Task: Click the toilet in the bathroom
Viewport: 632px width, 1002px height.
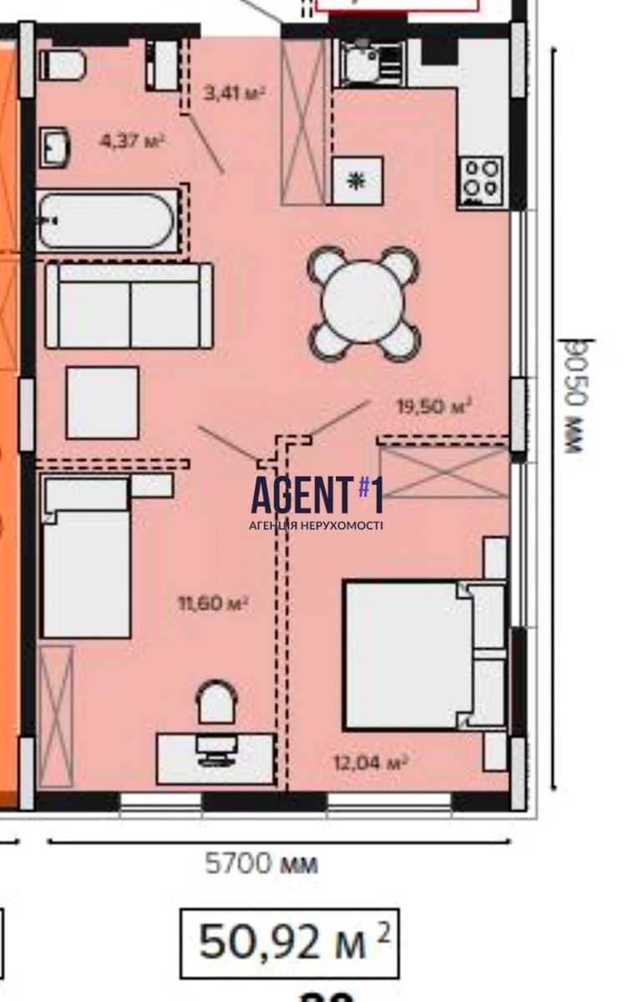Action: pos(63,65)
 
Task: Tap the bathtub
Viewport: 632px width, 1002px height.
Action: pos(108,220)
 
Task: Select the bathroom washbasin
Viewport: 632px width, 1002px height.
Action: pos(55,148)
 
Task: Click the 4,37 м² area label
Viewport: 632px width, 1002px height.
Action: pos(132,141)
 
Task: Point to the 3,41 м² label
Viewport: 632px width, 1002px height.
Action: pos(234,93)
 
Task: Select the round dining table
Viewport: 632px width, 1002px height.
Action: pos(363,303)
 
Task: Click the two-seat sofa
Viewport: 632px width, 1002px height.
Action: pos(129,306)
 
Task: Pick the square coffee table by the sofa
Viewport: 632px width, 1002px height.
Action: pos(103,402)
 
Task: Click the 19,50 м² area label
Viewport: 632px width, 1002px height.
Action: pos(434,406)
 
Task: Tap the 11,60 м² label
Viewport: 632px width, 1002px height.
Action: pos(213,605)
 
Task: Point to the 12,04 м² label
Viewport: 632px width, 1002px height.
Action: pos(371,762)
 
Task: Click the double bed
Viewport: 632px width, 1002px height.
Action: pos(425,655)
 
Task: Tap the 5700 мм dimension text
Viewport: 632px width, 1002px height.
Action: pos(261,863)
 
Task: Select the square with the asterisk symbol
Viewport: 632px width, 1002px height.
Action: pos(357,181)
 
